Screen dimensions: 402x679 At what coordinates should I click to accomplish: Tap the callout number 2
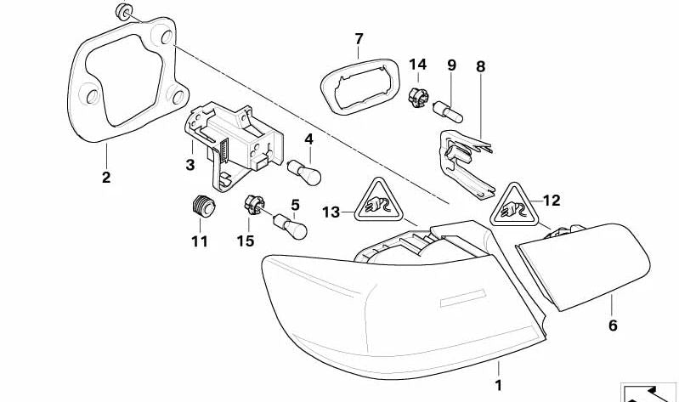coord(106,178)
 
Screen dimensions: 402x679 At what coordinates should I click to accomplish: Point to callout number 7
coord(359,39)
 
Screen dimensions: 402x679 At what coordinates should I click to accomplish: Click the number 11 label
coord(200,241)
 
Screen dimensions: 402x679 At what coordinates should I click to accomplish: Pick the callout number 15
coord(246,241)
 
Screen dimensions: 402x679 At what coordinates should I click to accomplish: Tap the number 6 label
coord(613,325)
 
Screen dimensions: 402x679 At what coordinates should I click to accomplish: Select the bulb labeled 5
coord(288,227)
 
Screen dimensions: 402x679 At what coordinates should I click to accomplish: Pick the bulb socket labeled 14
coord(417,97)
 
